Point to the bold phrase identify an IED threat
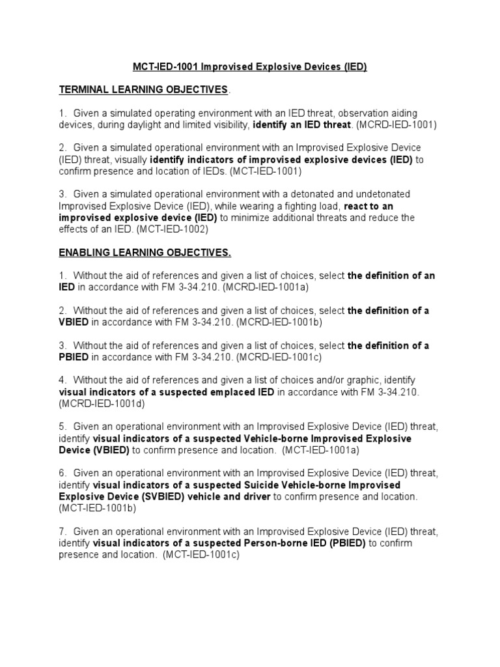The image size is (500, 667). tap(301, 124)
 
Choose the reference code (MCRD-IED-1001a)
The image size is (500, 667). tap(289, 287)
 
